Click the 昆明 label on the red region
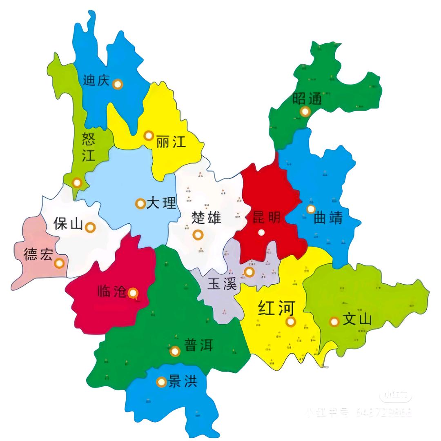point(267,217)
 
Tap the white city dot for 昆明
point(261,232)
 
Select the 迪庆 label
point(96,80)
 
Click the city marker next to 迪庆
point(118,84)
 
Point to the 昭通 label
point(307,98)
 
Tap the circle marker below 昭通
point(304,111)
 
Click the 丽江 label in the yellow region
point(171,142)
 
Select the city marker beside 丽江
point(149,136)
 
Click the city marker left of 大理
point(140,203)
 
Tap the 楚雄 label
point(206,217)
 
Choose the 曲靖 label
point(328,218)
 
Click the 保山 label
point(68,224)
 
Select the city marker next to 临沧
point(133,293)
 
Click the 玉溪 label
point(222,284)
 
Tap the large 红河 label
point(276,309)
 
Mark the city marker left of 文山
point(334,321)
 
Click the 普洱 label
point(199,345)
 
